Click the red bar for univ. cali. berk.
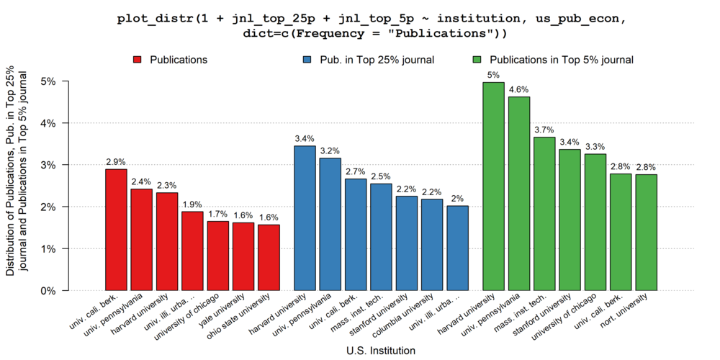[x=116, y=230]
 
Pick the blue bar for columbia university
[x=432, y=245]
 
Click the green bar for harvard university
[x=493, y=186]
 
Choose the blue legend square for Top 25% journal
[x=307, y=60]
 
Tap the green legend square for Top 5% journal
[x=477, y=60]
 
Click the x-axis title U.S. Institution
[x=381, y=351]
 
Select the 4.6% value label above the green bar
[x=518, y=89]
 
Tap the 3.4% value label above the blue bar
[x=305, y=138]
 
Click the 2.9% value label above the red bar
[x=116, y=162]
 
